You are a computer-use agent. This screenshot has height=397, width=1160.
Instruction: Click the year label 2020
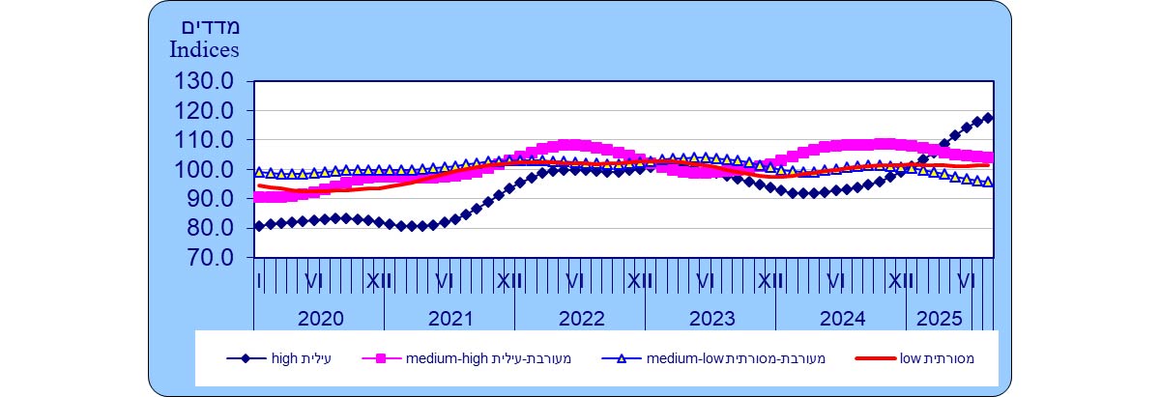[320, 319]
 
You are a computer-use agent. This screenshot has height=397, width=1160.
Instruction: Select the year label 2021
[450, 319]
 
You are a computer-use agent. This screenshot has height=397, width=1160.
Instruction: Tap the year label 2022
[581, 319]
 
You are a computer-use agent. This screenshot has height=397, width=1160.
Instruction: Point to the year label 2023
[711, 319]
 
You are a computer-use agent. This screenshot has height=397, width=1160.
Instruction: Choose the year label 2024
[842, 319]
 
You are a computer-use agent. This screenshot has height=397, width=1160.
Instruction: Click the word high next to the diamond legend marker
[286, 359]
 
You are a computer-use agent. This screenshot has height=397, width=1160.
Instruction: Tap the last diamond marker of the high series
[988, 118]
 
